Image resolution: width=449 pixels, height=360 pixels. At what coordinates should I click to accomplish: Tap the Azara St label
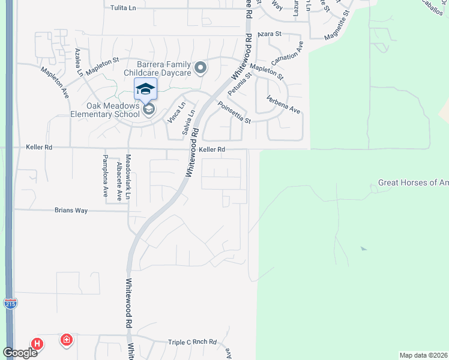coord(270,35)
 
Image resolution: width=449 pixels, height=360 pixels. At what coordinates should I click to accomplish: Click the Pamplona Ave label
coord(105,176)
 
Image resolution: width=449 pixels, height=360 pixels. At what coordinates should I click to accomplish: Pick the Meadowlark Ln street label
coord(128,176)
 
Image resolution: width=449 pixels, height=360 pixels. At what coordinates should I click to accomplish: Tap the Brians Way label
coord(71,211)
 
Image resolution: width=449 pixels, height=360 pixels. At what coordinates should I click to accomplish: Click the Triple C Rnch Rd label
coord(192,341)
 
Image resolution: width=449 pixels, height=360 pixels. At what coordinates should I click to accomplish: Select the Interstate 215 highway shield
coord(10,304)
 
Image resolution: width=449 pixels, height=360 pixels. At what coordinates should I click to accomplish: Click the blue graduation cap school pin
coord(145,89)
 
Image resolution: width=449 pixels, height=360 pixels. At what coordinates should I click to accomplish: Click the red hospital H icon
coord(37,344)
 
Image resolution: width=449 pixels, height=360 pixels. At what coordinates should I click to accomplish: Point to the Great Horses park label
coord(413,183)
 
